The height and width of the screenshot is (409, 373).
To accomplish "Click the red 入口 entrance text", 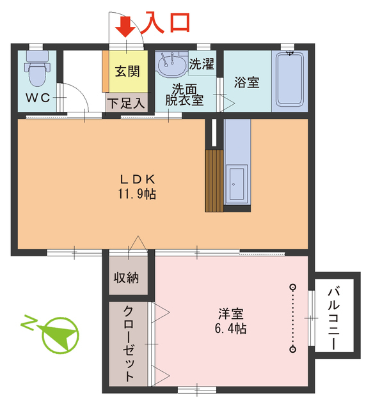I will click(166, 22).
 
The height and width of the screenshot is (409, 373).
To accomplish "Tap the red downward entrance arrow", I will click(125, 26).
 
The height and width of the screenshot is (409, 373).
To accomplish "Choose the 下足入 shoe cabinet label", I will click(126, 102).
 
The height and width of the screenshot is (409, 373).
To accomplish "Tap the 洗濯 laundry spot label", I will click(201, 65).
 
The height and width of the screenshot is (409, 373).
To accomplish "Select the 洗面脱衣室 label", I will click(184, 93).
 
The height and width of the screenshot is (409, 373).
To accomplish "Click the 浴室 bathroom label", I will click(246, 82).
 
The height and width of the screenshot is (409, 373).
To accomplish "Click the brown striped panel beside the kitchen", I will click(214, 180).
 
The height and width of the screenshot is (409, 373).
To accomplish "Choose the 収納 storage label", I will click(128, 278).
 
